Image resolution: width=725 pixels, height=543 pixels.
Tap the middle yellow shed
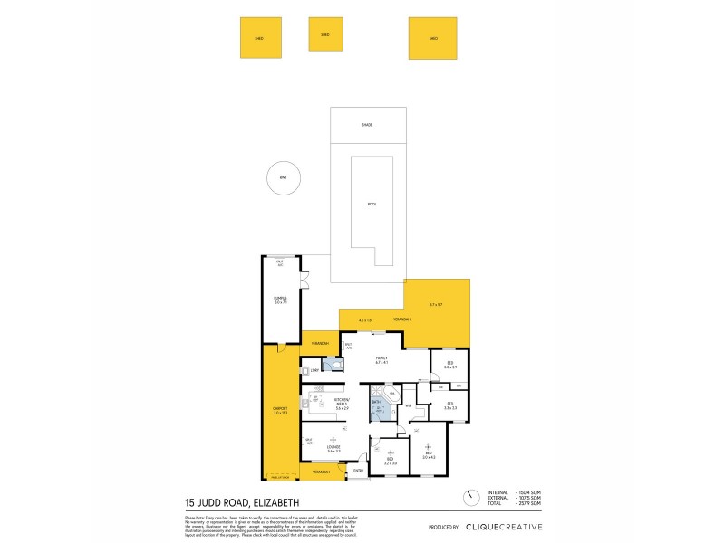click(x=324, y=35)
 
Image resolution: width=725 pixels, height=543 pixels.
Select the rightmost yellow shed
click(x=433, y=39)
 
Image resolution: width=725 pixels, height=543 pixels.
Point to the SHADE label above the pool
click(x=366, y=125)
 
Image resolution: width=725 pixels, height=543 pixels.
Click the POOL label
click(x=372, y=204)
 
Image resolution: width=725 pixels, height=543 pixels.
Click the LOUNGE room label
click(x=333, y=448)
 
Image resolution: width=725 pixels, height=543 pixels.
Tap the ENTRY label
click(x=358, y=471)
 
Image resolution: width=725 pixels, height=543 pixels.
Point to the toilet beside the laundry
click(x=336, y=366)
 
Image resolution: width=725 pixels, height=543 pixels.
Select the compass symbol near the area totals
click(x=469, y=498)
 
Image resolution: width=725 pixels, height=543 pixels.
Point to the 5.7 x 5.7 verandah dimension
click(x=437, y=304)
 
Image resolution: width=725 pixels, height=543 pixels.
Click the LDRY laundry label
click(x=314, y=370)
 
